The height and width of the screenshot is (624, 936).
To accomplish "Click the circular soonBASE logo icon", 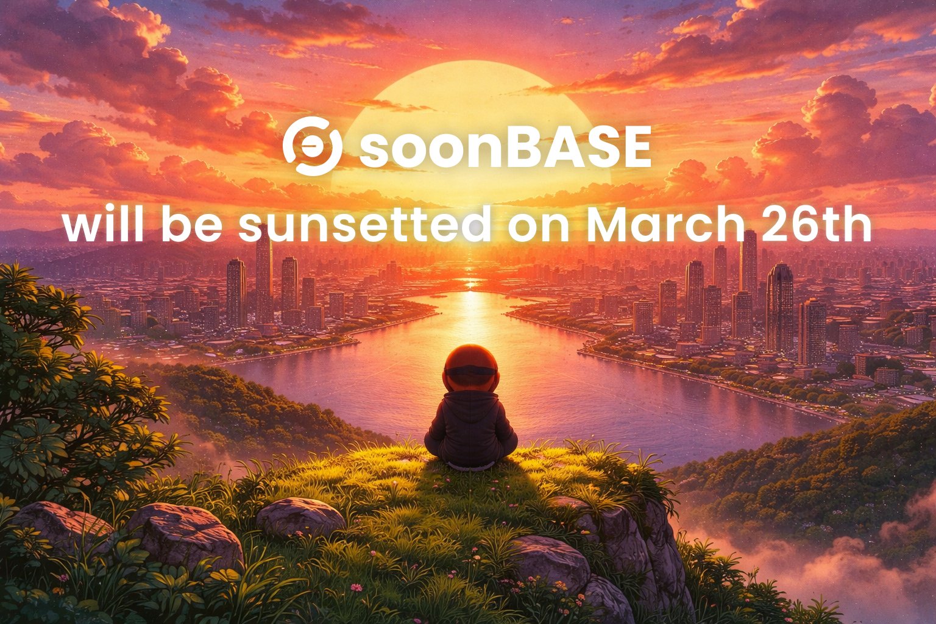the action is [x=312, y=146].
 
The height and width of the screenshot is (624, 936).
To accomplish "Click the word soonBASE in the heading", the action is [x=505, y=149].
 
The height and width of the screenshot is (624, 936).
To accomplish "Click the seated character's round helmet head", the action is [x=470, y=368].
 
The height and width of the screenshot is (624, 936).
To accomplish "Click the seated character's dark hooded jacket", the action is [x=470, y=427].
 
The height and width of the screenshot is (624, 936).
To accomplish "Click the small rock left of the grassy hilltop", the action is [x=300, y=517].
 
